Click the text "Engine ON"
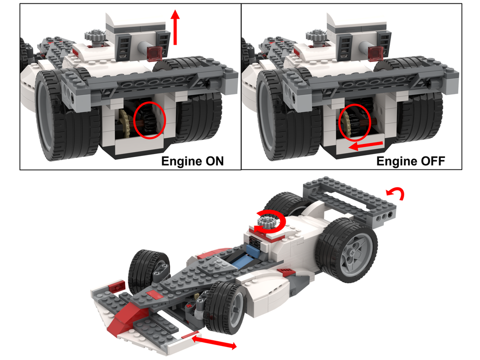click(x=192, y=161)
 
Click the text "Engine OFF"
click(x=410, y=161)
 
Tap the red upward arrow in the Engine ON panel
click(x=176, y=26)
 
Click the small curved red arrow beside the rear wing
click(x=398, y=193)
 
